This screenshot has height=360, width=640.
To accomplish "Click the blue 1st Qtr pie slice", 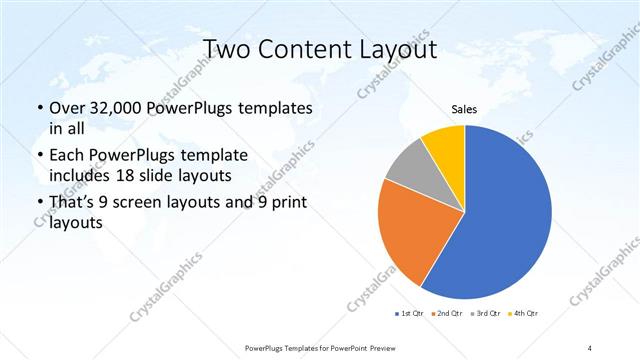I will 500,220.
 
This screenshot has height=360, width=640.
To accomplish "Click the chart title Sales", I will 464,109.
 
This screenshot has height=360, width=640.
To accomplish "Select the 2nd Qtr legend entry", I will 445,314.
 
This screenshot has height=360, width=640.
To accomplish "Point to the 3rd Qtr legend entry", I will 484,314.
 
